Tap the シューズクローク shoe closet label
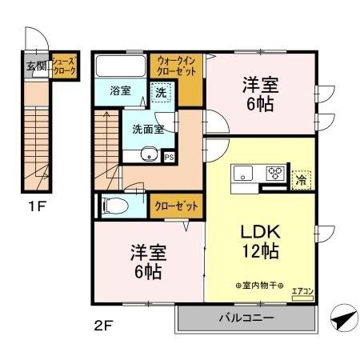click(63, 66)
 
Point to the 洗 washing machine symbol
click(160, 92)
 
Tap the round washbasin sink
click(147, 155)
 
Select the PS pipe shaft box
click(169, 158)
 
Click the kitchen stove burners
click(276, 173)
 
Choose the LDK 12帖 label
click(260, 241)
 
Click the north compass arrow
click(342, 320)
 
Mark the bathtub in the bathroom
click(120, 66)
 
